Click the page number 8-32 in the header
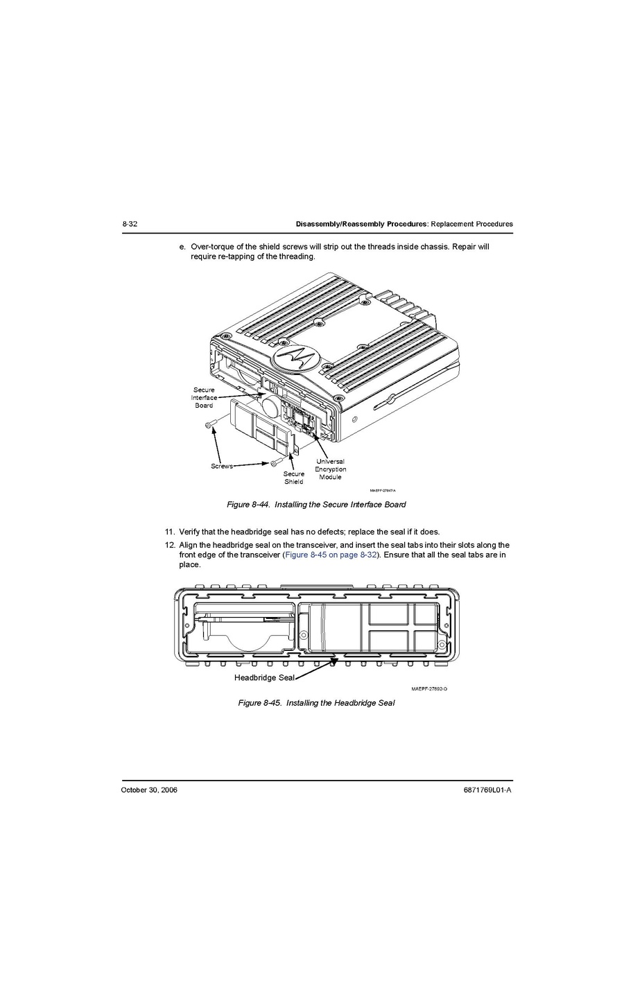coord(130,224)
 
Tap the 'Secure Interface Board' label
coord(204,398)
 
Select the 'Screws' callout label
coord(222,466)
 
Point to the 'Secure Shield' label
coord(294,478)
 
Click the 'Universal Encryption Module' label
coord(330,469)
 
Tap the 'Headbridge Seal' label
coord(264,677)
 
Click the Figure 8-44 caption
coord(316,505)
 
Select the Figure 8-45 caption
coord(316,703)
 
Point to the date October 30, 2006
coord(149,790)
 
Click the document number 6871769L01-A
coord(487,790)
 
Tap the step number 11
coord(170,532)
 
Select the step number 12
coord(170,545)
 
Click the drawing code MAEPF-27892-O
coord(429,689)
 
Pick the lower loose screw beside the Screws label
coord(276,462)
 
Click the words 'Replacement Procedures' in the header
coord(472,224)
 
